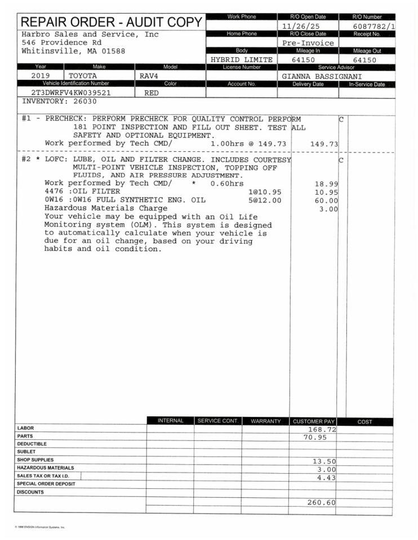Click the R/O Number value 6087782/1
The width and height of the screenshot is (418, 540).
point(373,26)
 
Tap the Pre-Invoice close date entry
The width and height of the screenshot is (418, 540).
point(308,43)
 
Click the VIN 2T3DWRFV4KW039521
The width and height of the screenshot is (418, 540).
point(70,93)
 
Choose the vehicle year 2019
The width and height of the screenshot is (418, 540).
point(41,75)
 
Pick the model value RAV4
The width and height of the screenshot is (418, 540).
point(149,75)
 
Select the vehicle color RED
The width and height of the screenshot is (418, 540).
point(152,93)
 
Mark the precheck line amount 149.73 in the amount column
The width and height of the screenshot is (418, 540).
point(324,144)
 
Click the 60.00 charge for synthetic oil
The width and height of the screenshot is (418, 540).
point(326,200)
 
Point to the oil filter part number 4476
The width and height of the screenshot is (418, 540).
point(54,192)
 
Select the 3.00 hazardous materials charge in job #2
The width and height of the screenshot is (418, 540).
point(328,209)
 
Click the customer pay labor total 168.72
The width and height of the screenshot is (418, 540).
point(322,429)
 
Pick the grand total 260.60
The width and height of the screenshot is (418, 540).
point(321,502)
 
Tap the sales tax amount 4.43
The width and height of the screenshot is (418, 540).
point(326,478)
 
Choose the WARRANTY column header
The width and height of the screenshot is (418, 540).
point(265,421)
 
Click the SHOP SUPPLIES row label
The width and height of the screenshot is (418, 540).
point(35,460)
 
